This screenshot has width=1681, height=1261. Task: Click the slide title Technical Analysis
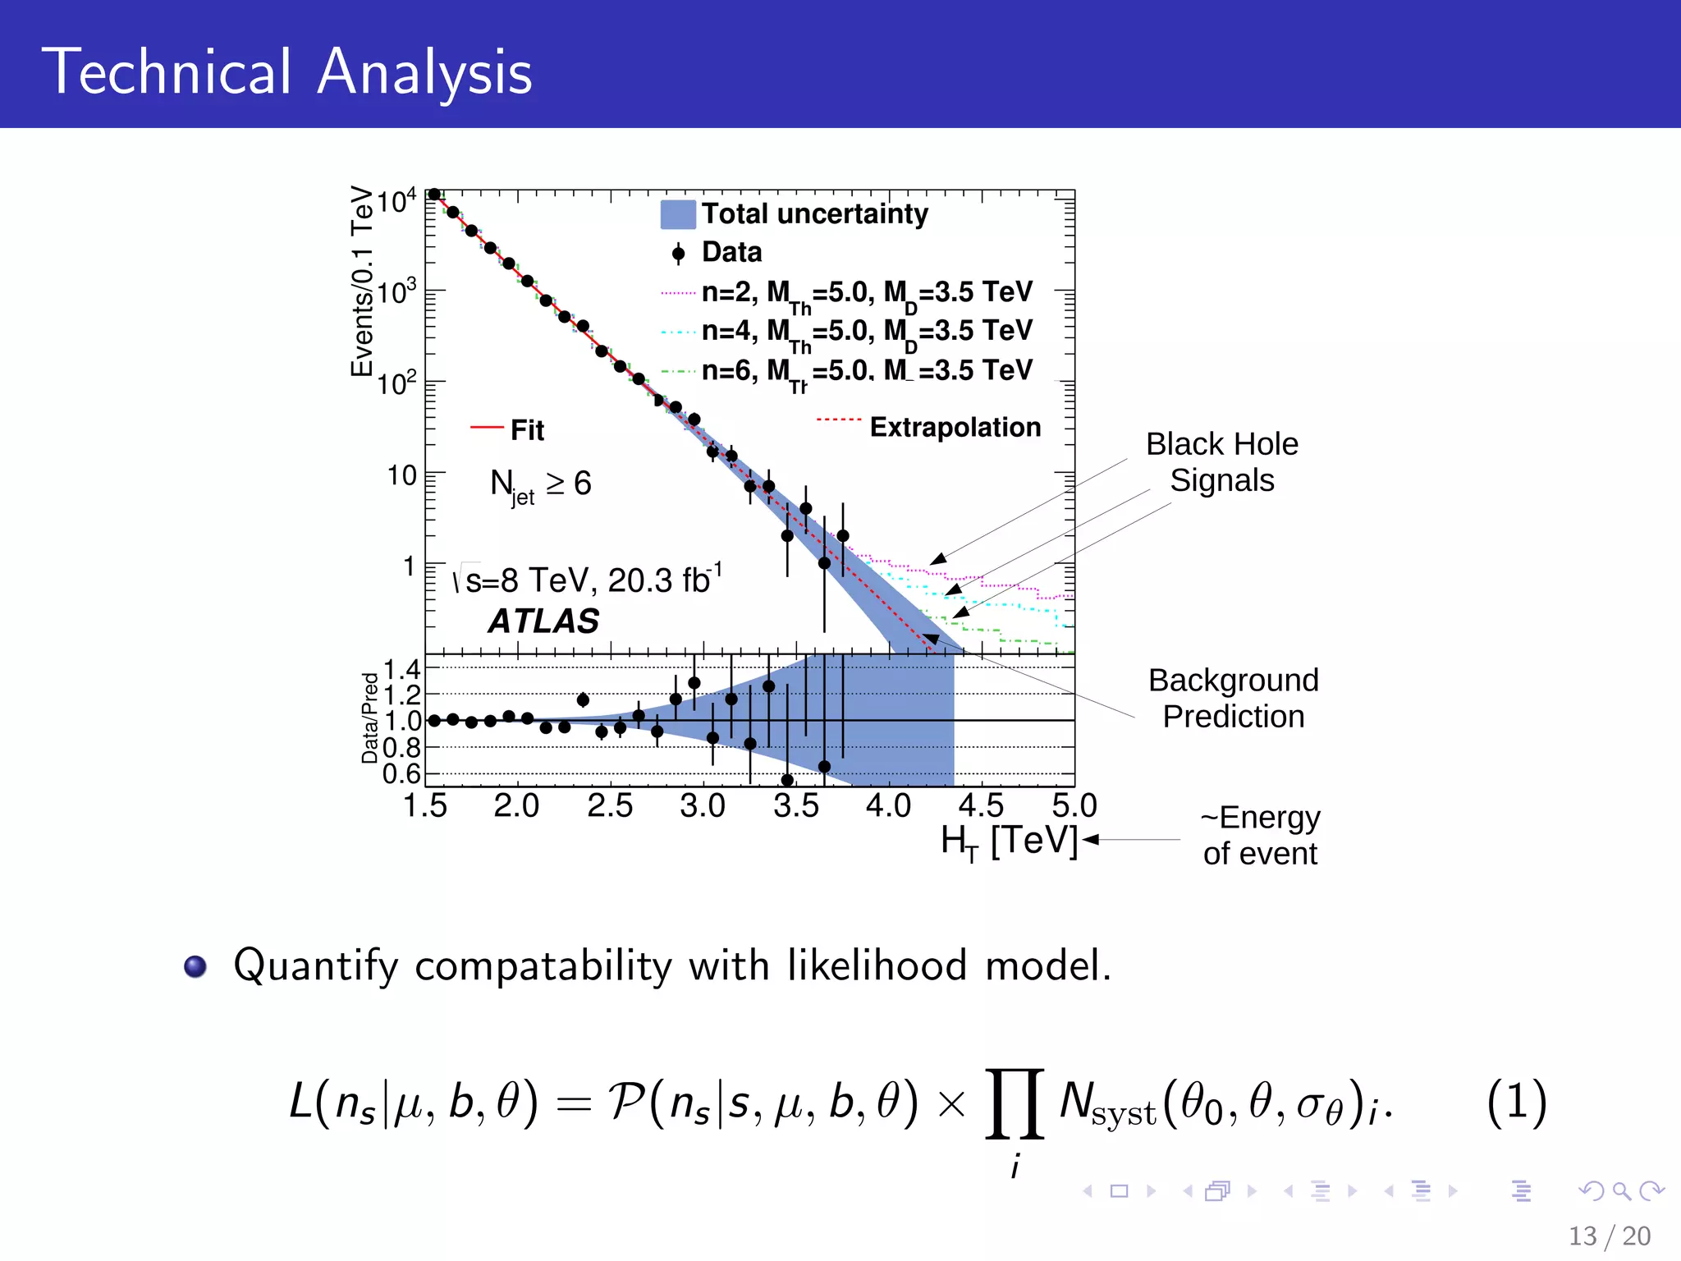coord(287,72)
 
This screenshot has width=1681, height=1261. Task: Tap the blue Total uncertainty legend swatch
coord(678,214)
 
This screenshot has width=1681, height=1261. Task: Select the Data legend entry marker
coord(678,253)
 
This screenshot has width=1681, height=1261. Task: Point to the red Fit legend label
coord(527,430)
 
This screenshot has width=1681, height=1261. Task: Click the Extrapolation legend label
coord(955,428)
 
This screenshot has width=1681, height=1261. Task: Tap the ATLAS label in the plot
coord(543,621)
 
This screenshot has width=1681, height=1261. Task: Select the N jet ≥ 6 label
coord(540,484)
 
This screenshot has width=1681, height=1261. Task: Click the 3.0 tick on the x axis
coord(703,806)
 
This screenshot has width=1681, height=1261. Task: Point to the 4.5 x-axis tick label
coord(981,806)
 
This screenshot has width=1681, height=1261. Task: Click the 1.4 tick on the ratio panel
coord(402,669)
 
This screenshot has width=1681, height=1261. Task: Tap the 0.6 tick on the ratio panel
coord(402,773)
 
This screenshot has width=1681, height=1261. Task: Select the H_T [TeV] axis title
coord(1009,841)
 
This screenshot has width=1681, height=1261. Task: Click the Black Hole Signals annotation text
coord(1221,462)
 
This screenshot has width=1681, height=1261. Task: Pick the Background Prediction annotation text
coord(1233,699)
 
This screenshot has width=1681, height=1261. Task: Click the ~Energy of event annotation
coord(1260,836)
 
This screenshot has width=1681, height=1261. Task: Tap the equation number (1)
coord(1516,1102)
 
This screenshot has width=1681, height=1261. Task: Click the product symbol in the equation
coord(1015,1104)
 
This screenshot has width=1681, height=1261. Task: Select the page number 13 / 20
coord(1609,1236)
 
